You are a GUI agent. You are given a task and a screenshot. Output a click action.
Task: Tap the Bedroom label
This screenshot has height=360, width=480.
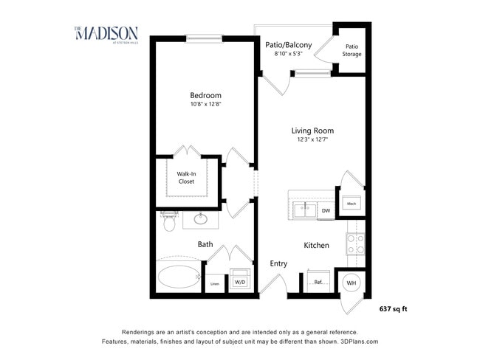[205, 95]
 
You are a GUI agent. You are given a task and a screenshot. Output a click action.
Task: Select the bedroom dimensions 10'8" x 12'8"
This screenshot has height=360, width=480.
[205, 105]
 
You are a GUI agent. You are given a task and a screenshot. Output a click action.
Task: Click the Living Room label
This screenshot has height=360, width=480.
[312, 131]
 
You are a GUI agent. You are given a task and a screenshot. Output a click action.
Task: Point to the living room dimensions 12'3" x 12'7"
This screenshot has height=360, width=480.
[312, 139]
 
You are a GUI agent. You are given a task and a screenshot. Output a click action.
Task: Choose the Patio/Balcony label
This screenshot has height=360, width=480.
[288, 45]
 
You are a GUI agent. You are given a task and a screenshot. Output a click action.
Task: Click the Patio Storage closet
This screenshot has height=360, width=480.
[352, 49]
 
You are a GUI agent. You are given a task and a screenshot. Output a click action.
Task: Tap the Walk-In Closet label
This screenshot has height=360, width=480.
[186, 177]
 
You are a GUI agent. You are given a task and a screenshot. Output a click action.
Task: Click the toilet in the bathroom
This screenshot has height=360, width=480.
[170, 221]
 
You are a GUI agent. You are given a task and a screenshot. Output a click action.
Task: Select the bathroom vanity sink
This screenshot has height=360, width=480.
[201, 218]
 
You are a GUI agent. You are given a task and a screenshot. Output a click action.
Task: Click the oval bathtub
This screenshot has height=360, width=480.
[178, 277]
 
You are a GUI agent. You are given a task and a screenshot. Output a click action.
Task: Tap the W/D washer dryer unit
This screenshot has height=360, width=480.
[240, 281]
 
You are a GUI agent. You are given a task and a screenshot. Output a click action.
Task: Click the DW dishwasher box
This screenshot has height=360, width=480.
[326, 210]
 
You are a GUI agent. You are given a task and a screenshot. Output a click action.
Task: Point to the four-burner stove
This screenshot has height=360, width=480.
[355, 243]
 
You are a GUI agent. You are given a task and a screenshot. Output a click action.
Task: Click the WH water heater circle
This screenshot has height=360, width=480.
[352, 283]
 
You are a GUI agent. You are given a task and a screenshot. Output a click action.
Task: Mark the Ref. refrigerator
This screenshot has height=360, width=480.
[318, 282]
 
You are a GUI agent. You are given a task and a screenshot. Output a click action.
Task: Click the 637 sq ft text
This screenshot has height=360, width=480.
[393, 308]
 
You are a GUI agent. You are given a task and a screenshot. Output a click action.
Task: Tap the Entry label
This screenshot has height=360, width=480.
[278, 263]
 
